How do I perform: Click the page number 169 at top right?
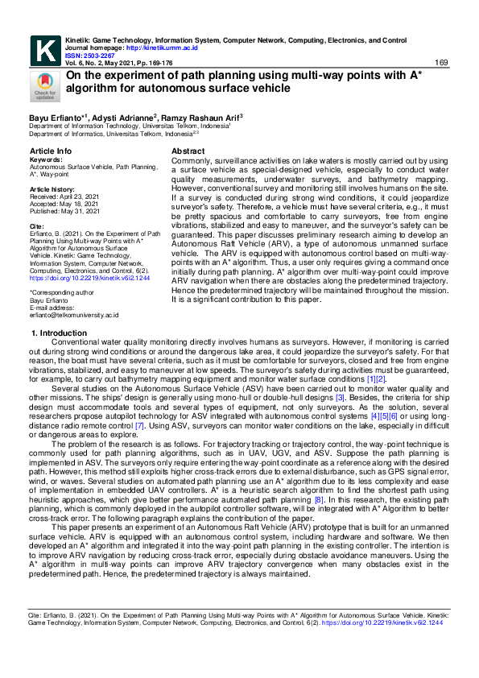(441, 63)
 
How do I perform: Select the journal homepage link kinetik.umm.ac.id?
(152, 48)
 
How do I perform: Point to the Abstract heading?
(188, 151)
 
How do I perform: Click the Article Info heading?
(50, 151)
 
